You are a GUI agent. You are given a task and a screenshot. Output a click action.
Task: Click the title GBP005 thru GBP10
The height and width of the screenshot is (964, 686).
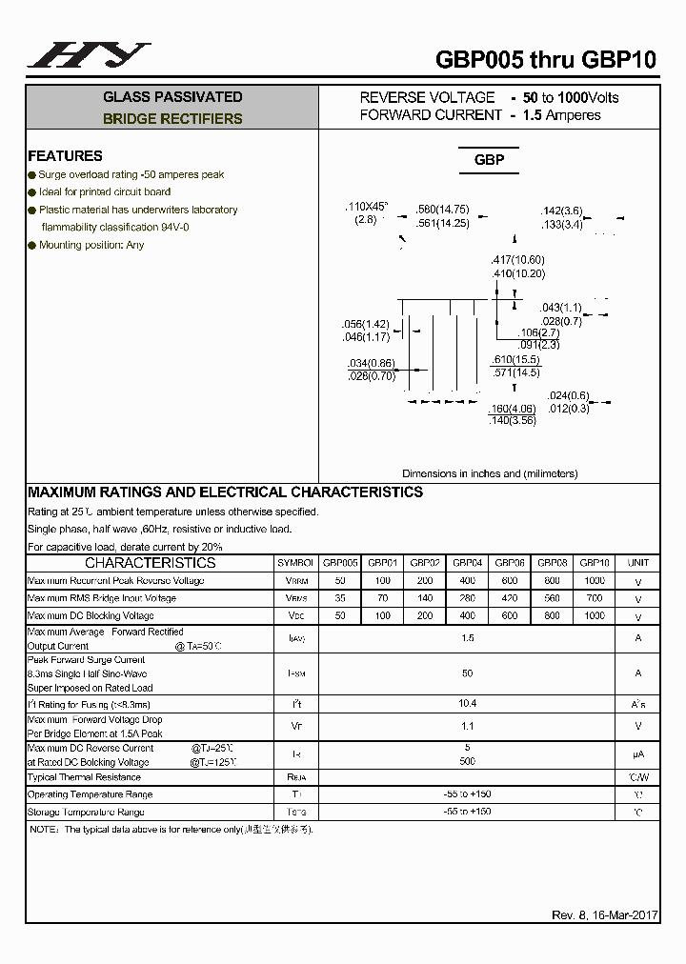pyautogui.click(x=545, y=60)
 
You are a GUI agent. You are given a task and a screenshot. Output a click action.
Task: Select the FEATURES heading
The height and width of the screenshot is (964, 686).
pyautogui.click(x=65, y=156)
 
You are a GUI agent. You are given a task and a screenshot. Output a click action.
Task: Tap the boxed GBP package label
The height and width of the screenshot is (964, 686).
pyautogui.click(x=489, y=160)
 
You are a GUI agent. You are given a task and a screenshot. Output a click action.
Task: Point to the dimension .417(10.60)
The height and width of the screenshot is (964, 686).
pyautogui.click(x=518, y=260)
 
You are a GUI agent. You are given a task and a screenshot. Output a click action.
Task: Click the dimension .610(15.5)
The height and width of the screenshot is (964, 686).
pyautogui.click(x=515, y=359)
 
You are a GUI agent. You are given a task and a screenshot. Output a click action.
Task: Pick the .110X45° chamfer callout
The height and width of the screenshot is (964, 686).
pyautogui.click(x=367, y=207)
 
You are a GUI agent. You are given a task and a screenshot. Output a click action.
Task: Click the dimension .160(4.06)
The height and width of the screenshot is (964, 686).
pyautogui.click(x=513, y=409)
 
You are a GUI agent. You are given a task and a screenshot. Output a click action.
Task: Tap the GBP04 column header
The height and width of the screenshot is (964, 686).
pyautogui.click(x=467, y=563)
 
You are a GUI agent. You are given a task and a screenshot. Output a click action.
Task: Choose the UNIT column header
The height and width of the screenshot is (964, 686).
pyautogui.click(x=638, y=563)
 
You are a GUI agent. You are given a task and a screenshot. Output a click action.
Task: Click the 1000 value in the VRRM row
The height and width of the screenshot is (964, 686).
pyautogui.click(x=595, y=580)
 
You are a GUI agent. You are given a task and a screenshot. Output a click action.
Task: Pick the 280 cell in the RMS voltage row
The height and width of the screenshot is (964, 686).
pyautogui.click(x=467, y=598)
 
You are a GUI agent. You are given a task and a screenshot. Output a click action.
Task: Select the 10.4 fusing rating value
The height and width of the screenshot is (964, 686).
pyautogui.click(x=467, y=703)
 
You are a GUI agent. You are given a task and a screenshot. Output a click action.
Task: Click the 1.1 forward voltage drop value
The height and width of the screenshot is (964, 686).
pyautogui.click(x=467, y=726)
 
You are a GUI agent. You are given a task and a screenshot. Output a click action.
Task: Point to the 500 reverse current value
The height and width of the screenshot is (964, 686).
pyautogui.click(x=467, y=762)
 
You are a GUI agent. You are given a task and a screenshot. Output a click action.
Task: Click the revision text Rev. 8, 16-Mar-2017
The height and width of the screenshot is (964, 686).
pyautogui.click(x=604, y=914)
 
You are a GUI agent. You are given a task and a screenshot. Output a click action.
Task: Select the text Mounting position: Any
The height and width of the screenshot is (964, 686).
pyautogui.click(x=91, y=245)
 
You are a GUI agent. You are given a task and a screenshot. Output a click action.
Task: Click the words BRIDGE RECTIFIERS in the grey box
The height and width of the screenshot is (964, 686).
pyautogui.click(x=172, y=119)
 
